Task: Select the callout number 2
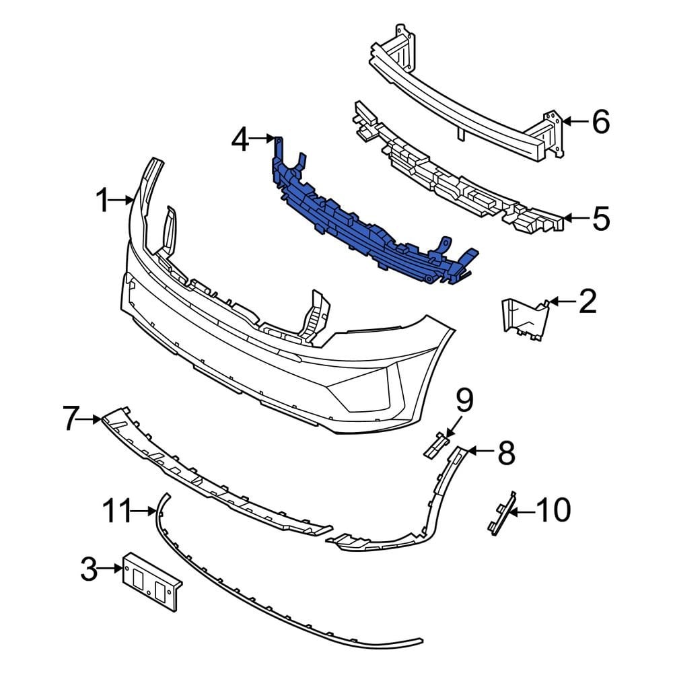[x=588, y=302]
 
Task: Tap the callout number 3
[x=88, y=570]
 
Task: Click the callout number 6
[x=600, y=122]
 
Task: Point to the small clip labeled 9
[x=435, y=445]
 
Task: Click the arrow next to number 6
[x=571, y=122]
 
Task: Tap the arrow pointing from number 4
[x=262, y=140]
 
